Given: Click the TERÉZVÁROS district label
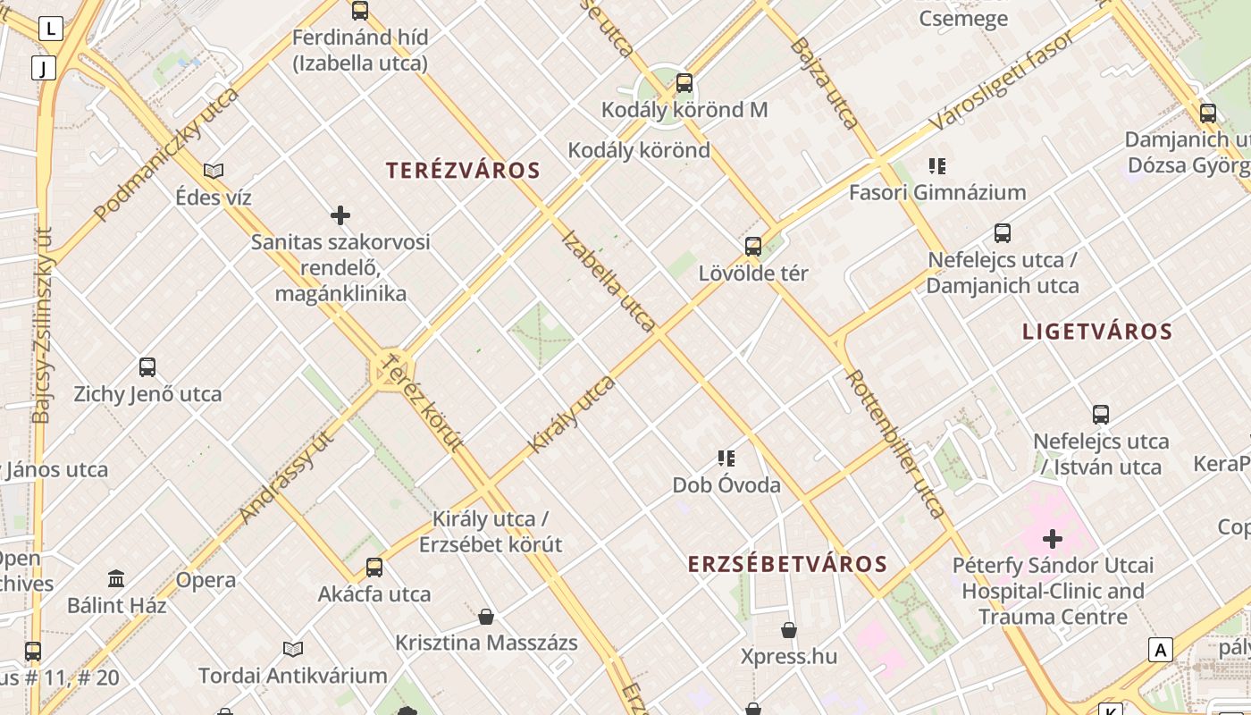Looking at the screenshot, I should pyautogui.click(x=463, y=171).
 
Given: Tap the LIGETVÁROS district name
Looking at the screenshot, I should pyautogui.click(x=1096, y=332).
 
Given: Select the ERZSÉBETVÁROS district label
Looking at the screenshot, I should pyautogui.click(x=787, y=564).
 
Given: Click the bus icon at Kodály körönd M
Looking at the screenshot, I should pyautogui.click(x=684, y=83).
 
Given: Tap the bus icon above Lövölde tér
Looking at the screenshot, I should pyautogui.click(x=753, y=247).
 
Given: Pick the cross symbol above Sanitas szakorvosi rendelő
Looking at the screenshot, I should pyautogui.click(x=340, y=215).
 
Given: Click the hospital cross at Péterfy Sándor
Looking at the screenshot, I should pyautogui.click(x=1053, y=539).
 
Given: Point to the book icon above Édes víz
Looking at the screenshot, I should pyautogui.click(x=214, y=171).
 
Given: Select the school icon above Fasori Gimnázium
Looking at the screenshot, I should pyautogui.click(x=936, y=166).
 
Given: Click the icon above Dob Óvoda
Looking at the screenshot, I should pyautogui.click(x=726, y=458).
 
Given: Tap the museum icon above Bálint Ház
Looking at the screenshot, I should pyautogui.click(x=116, y=578).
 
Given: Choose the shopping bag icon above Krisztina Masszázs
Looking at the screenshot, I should pyautogui.click(x=486, y=617).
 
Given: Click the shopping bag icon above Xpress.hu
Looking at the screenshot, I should pyautogui.click(x=789, y=630).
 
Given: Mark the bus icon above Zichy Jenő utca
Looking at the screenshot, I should pyautogui.click(x=147, y=367).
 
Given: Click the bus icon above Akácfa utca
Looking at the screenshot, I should pyautogui.click(x=374, y=568).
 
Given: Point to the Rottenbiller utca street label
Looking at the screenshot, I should pyautogui.click(x=895, y=444).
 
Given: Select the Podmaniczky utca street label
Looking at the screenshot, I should pyautogui.click(x=166, y=154).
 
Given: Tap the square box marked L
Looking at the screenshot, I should pyautogui.click(x=51, y=29).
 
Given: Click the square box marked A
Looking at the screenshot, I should pyautogui.click(x=1161, y=650).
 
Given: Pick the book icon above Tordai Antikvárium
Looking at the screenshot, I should pyautogui.click(x=293, y=649).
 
